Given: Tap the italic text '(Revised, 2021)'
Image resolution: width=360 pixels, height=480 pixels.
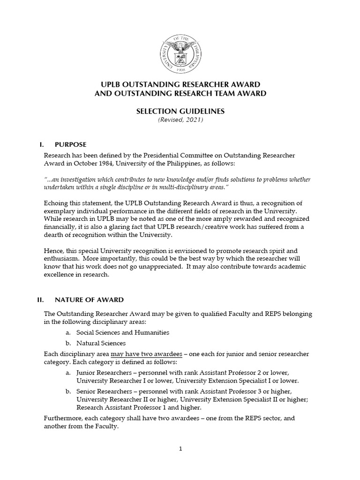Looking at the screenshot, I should (x=180, y=120).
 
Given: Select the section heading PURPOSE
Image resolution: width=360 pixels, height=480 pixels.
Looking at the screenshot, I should (x=71, y=144).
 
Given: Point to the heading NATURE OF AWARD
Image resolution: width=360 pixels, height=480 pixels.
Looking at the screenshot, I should (x=89, y=300).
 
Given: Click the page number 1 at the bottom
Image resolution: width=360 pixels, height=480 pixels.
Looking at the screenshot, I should (x=180, y=449).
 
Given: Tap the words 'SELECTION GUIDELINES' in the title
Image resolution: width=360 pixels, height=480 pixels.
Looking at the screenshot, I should (x=180, y=112).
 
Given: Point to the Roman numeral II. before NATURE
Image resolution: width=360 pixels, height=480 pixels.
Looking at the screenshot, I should (x=40, y=300).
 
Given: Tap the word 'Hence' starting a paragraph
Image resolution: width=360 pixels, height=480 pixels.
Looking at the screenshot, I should (x=53, y=250).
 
